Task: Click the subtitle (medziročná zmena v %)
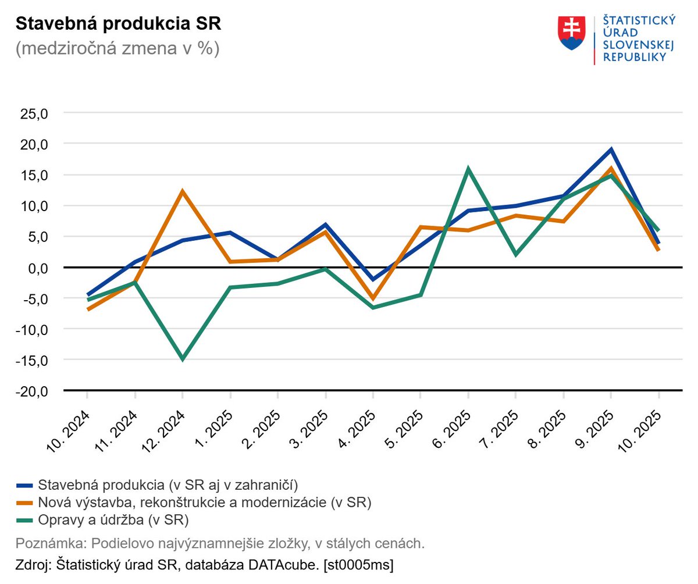pyautogui.click(x=117, y=49)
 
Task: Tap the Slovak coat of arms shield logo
pyautogui.click(x=571, y=33)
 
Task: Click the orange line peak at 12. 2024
pyautogui.click(x=183, y=191)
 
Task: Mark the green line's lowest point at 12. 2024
pyautogui.click(x=183, y=359)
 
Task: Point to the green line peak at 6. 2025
pyautogui.click(x=468, y=169)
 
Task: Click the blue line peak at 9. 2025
pyautogui.click(x=611, y=149)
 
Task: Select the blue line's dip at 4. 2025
pyautogui.click(x=373, y=280)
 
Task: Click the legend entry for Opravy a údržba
pyautogui.click(x=114, y=519)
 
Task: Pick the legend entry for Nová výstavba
pyautogui.click(x=204, y=501)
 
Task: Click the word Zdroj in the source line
pyautogui.click(x=31, y=564)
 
